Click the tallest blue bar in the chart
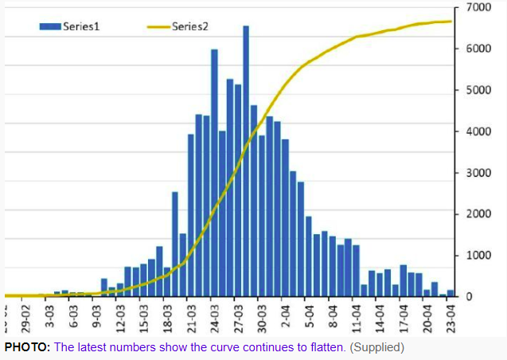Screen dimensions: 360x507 [246, 159]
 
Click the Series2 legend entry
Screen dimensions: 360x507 [178, 26]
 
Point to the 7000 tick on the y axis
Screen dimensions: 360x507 [479, 7]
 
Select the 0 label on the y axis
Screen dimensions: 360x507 [469, 297]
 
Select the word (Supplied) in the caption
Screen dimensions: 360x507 [376, 347]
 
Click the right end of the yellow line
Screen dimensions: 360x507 [451, 22]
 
